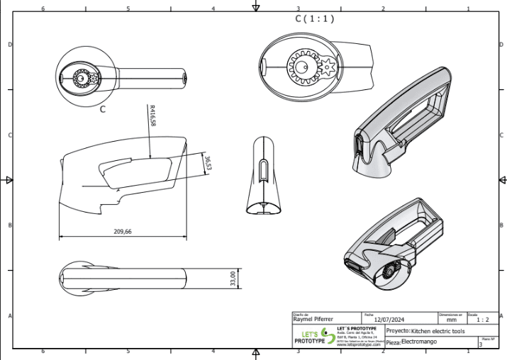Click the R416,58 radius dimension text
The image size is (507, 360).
pyautogui.click(x=152, y=116)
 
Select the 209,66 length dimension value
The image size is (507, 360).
pyautogui.click(x=123, y=232)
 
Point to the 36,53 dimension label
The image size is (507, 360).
pyautogui.click(x=208, y=163)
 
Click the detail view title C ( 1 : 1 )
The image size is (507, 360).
pyautogui.click(x=314, y=19)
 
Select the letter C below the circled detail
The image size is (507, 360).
pyautogui.click(x=102, y=110)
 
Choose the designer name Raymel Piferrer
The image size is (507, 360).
pyautogui.click(x=313, y=320)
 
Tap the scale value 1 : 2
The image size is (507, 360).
pyautogui.click(x=483, y=320)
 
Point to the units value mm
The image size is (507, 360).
pyautogui.click(x=451, y=320)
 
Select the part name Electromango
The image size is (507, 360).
pyautogui.click(x=419, y=342)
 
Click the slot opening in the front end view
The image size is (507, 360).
pyautogui.click(x=263, y=173)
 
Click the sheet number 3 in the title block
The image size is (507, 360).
pyautogui.click(x=481, y=344)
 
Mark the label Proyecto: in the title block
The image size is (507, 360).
pyautogui.click(x=396, y=331)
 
